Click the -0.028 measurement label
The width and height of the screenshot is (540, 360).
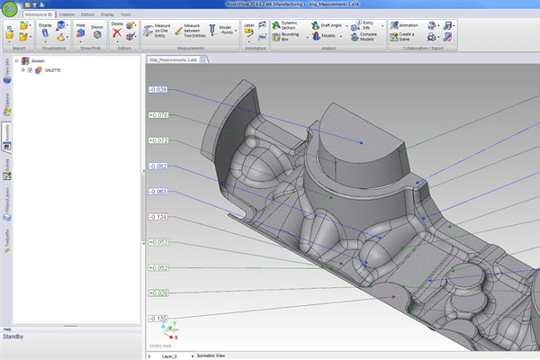tap(158, 90)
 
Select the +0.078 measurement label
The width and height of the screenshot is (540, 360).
tap(158, 115)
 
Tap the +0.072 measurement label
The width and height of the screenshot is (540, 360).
tap(158, 141)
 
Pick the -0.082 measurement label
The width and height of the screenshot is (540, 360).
tap(158, 166)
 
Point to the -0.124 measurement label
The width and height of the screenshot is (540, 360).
tap(158, 217)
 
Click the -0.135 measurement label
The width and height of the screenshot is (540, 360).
tap(158, 319)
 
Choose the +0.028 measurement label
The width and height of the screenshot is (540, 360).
tap(158, 293)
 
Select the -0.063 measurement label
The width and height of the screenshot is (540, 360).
tap(158, 192)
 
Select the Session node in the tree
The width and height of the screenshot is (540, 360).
tap(37, 60)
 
